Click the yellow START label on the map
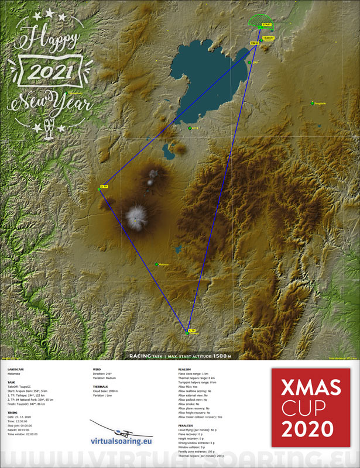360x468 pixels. (x=267, y=25)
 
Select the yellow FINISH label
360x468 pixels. (x=254, y=43)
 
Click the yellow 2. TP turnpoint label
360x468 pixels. (x=104, y=187)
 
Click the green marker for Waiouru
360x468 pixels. (x=157, y=264)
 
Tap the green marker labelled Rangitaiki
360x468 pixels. (x=312, y=104)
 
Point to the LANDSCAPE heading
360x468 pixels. (x=16, y=370)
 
